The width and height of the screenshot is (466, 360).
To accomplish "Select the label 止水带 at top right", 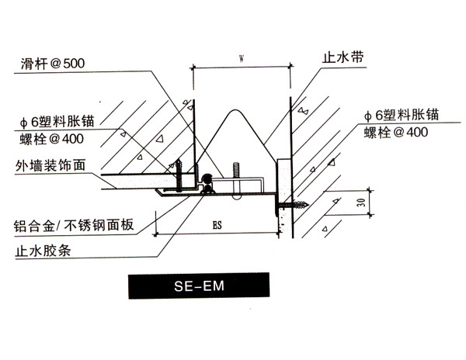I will tap(339, 58).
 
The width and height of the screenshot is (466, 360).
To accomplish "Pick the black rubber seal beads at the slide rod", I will tap(207, 184).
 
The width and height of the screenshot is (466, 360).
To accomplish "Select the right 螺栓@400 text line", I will tap(396, 132).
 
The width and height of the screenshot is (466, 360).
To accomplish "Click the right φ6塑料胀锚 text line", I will tap(401, 115).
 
